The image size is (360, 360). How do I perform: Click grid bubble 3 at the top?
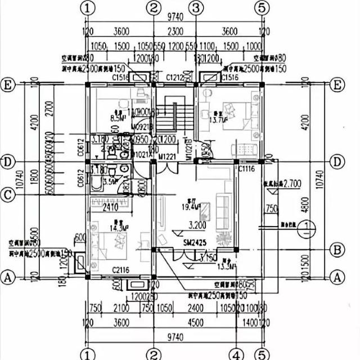click(x=196, y=8)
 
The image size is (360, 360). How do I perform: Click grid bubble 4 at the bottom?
click(x=237, y=355)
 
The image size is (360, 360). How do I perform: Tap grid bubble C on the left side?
click(x=7, y=195)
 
